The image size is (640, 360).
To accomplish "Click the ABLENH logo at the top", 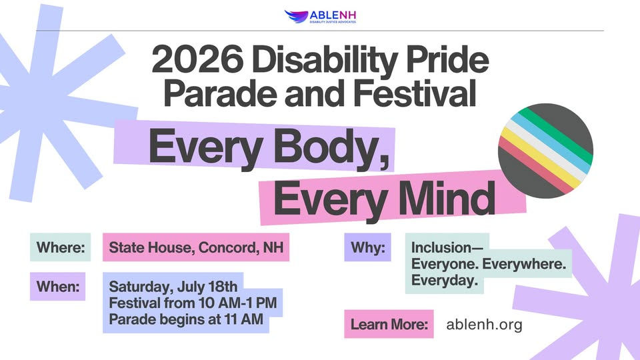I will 319,16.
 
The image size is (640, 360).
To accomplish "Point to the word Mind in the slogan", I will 451,197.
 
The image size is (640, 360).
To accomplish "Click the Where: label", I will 60,248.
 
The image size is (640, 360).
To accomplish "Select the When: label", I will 58,287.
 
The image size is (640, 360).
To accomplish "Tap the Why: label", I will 368,247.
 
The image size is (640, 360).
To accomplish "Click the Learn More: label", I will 389,325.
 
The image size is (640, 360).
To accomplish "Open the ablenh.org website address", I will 484,325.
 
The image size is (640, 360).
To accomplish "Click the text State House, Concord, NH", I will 195,248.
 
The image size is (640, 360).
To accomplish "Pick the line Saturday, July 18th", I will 173,287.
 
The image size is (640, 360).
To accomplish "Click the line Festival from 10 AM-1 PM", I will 193,303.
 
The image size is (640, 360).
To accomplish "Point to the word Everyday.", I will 444,281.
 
